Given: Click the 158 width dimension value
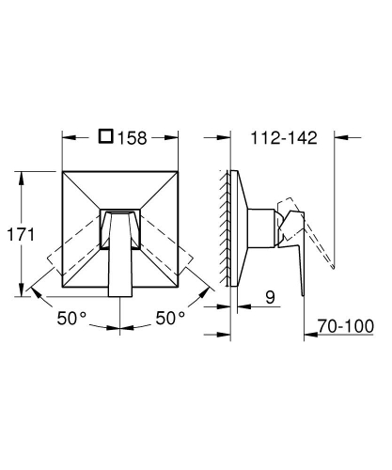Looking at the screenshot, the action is tap(132, 138).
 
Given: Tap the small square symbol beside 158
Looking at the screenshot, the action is tap(106, 136).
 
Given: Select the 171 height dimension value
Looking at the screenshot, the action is tap(21, 234).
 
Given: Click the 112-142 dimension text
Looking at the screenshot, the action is tap(284, 138).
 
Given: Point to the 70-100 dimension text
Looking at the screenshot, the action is tap(346, 326).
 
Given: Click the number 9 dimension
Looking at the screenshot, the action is tap(270, 297).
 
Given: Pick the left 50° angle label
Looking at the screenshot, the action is tap(71, 318).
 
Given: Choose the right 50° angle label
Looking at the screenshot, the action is tap(170, 318).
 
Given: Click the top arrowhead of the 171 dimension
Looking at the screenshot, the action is tap(21, 178).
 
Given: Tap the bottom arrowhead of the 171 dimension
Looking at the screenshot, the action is tap(21, 290).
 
